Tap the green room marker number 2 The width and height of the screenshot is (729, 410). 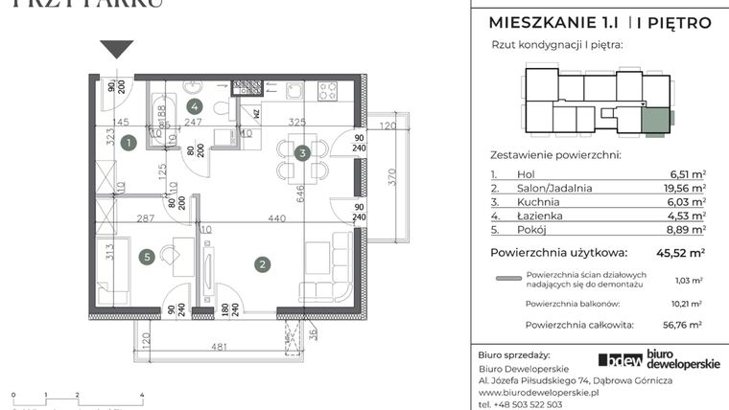click(260, 262)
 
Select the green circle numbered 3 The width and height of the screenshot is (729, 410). click(301, 152)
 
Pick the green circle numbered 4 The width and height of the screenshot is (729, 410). click(196, 106)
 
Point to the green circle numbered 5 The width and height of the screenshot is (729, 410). click(146, 256)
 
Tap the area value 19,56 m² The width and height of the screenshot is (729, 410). click(687, 189)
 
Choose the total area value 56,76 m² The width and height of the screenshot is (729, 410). click(687, 325)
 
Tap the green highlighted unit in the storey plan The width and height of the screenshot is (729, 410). click(655, 121)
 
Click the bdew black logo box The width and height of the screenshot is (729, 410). click(620, 360)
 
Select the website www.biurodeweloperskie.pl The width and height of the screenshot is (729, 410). click(537, 393)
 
